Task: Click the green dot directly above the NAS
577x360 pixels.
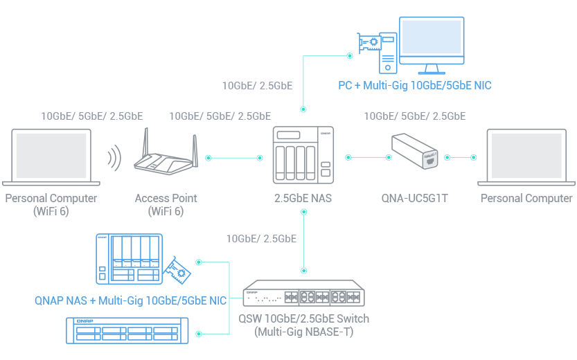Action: coord(303,109)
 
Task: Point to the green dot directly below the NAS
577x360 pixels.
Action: coord(303,211)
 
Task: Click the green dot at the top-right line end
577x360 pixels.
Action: coord(350,55)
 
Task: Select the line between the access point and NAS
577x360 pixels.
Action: coord(234,158)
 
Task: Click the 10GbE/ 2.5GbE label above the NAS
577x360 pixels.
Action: coord(257,86)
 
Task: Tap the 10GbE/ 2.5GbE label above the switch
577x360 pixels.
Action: coord(261,239)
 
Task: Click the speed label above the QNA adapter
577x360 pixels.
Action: coord(414,116)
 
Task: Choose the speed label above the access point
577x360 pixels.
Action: coord(220,116)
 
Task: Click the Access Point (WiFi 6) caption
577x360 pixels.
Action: coord(166,204)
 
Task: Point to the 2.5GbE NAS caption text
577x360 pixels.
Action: coord(303,199)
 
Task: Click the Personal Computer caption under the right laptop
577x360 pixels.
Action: coord(527,199)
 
